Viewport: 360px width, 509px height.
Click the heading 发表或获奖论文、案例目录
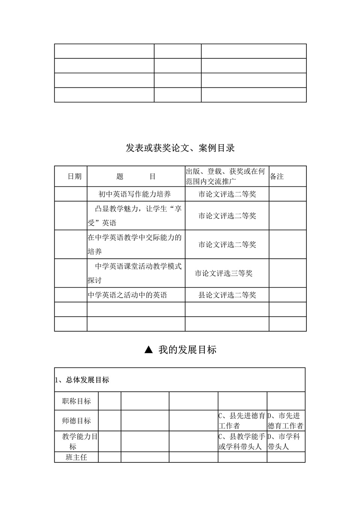pyautogui.click(x=180, y=148)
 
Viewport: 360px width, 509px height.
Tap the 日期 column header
pyautogui.click(x=74, y=176)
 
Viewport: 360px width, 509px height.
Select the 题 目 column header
pyautogui.click(x=136, y=176)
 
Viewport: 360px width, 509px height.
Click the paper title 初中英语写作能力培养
pyautogui.click(x=135, y=194)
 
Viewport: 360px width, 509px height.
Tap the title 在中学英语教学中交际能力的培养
pyautogui.click(x=135, y=244)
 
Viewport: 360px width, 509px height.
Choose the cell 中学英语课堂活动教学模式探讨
pyautogui.click(x=135, y=273)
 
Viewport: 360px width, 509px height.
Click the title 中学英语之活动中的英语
pyautogui.click(x=127, y=295)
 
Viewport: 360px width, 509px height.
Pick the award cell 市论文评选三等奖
pyautogui.click(x=223, y=273)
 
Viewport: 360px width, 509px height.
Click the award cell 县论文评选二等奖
pyautogui.click(x=227, y=295)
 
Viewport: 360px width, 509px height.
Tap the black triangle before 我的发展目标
pyautogui.click(x=148, y=350)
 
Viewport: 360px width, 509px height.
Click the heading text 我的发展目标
pyautogui.click(x=187, y=350)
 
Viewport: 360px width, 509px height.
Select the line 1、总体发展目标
pyautogui.click(x=82, y=380)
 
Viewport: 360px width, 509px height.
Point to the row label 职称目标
pyautogui.click(x=76, y=401)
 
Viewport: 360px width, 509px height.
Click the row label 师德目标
pyautogui.click(x=76, y=420)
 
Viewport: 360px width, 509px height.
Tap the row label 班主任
pyautogui.click(x=76, y=457)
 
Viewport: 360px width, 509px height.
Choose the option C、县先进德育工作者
pyautogui.click(x=242, y=420)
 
